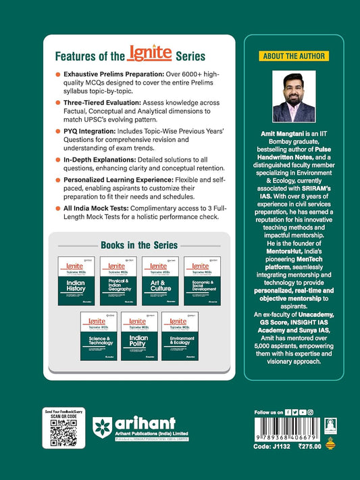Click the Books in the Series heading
(x=139, y=244)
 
